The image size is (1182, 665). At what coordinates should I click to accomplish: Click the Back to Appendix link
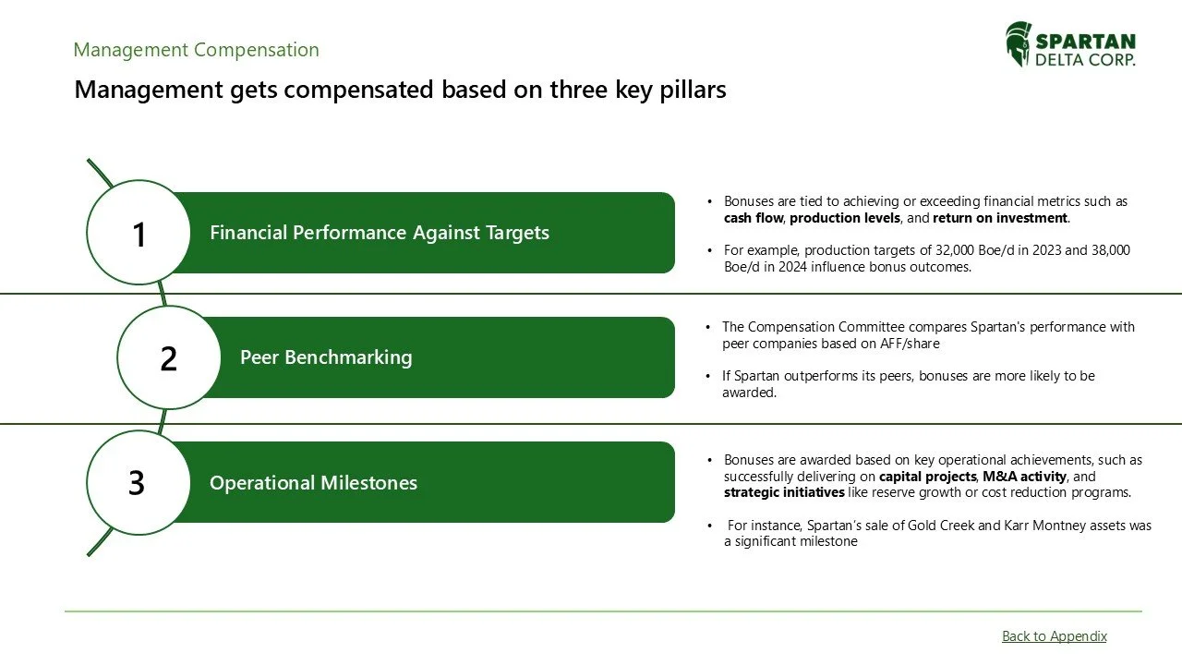pos(1054,636)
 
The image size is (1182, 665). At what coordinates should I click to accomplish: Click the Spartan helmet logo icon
pos(1019,44)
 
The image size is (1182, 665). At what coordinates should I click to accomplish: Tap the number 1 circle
pos(139,233)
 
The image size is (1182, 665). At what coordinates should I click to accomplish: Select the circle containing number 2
pos(168,357)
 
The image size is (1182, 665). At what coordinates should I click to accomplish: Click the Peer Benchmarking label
pos(326,357)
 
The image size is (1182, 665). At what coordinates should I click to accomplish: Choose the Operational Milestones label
pos(313,483)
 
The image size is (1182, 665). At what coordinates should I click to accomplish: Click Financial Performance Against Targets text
pos(379,233)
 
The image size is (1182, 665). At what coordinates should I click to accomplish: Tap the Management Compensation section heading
pos(196,50)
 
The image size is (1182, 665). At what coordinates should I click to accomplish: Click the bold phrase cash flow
pos(754,219)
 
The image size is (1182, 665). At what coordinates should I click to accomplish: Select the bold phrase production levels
pos(844,219)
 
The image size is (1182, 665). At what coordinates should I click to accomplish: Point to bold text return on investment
pos(1000,219)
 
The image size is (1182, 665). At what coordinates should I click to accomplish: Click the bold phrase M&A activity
pos(1024,477)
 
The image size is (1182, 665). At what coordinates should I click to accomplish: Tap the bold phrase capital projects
pos(927,477)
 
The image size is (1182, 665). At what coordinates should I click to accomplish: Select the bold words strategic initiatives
pos(784,492)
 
